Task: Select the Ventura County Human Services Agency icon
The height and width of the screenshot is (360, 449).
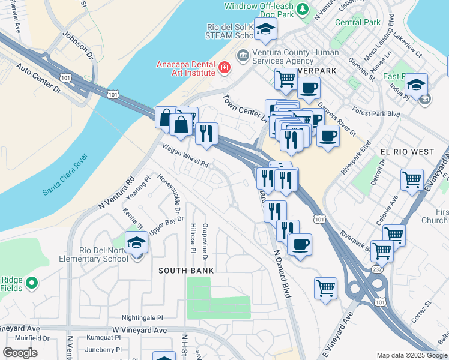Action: [x=243, y=56]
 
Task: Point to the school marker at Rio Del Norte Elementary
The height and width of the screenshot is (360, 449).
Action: [x=136, y=243]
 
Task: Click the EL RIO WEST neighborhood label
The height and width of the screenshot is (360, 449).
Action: [x=408, y=152]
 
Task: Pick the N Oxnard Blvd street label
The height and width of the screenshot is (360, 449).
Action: [x=282, y=275]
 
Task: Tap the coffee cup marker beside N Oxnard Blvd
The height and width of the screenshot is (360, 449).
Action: [x=300, y=245]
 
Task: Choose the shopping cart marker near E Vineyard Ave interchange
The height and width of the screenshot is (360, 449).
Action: [x=325, y=287]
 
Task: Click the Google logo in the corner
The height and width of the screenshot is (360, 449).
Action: [x=20, y=352]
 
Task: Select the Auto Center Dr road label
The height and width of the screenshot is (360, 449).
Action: [x=39, y=79]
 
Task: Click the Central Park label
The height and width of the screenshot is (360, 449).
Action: [x=358, y=22]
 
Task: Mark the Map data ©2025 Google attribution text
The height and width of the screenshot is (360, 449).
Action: [x=411, y=355]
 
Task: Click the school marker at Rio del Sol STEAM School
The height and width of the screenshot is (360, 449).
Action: [x=264, y=28]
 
